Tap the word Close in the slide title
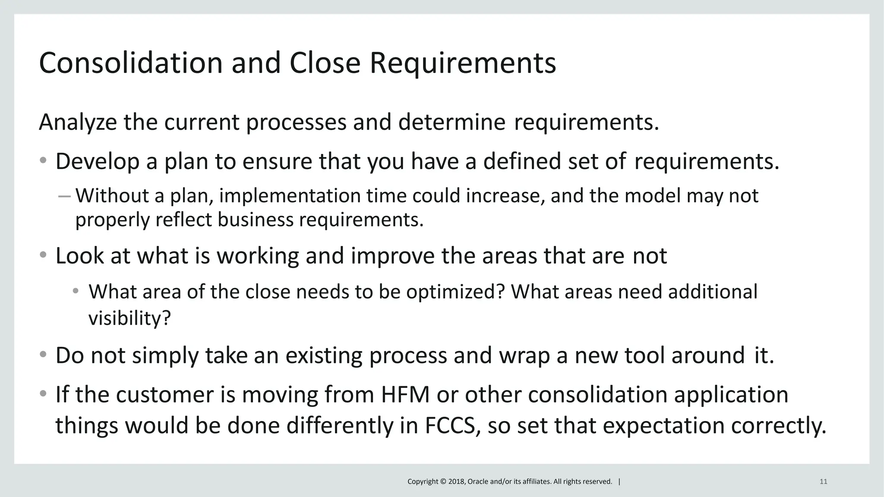click(325, 63)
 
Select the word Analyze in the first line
click(78, 122)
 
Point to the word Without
click(112, 196)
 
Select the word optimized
click(455, 292)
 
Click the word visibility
click(129, 319)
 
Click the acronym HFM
click(405, 395)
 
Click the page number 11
click(823, 481)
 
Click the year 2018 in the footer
click(457, 481)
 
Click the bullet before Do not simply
click(43, 355)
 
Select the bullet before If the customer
click(43, 394)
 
